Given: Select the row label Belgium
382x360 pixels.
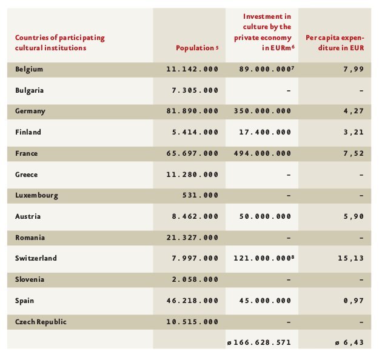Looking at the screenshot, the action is click(29, 69).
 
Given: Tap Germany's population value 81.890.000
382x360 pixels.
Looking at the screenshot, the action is click(192, 111).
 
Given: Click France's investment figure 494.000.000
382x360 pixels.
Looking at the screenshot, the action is click(263, 153).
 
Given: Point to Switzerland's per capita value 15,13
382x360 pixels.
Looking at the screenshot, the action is click(351, 258).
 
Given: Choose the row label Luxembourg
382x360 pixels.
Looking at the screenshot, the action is click(36, 196).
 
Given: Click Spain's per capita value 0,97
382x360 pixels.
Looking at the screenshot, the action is click(354, 301).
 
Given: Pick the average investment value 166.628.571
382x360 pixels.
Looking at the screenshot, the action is click(262, 342).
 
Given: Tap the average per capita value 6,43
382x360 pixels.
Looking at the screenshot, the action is click(354, 342).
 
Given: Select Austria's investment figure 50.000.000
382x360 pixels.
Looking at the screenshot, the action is click(265, 216).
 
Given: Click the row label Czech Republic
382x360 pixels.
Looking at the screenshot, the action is click(41, 322).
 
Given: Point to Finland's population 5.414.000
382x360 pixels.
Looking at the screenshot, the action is click(195, 132).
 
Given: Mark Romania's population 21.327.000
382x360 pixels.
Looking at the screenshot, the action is click(192, 238).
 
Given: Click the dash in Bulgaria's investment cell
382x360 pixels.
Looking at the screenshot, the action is click(289, 91).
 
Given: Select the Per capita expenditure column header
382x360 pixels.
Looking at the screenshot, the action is click(335, 43).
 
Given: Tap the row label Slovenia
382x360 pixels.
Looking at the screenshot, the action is click(30, 279).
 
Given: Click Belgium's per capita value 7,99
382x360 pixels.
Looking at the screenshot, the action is click(354, 70).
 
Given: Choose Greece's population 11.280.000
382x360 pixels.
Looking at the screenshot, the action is click(192, 175).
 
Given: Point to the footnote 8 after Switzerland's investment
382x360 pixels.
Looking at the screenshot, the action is click(293, 256).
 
